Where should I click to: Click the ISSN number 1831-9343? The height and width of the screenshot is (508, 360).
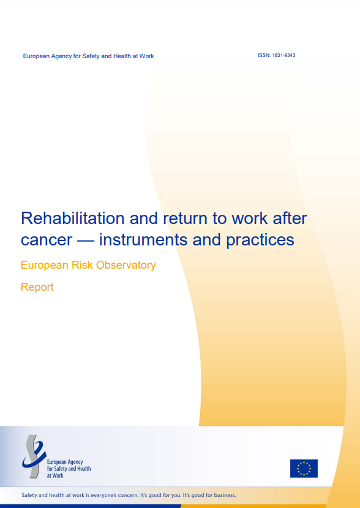click(x=284, y=56)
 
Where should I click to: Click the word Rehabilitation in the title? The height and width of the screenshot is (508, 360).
click(x=73, y=218)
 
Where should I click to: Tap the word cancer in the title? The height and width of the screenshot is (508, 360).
click(x=47, y=241)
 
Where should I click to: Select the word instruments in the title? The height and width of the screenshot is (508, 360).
click(x=143, y=240)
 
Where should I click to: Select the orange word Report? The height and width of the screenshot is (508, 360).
click(x=37, y=288)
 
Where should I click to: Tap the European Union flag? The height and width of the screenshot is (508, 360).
click(x=304, y=468)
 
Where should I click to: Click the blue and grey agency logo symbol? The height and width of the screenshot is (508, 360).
click(x=34, y=456)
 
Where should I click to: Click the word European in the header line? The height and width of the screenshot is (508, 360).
click(x=36, y=56)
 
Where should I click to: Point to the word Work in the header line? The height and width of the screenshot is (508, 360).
click(x=146, y=56)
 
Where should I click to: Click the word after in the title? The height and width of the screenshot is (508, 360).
click(x=290, y=218)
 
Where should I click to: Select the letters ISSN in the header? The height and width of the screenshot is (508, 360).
click(x=264, y=56)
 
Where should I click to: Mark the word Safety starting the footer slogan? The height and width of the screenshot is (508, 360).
click(x=29, y=496)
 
